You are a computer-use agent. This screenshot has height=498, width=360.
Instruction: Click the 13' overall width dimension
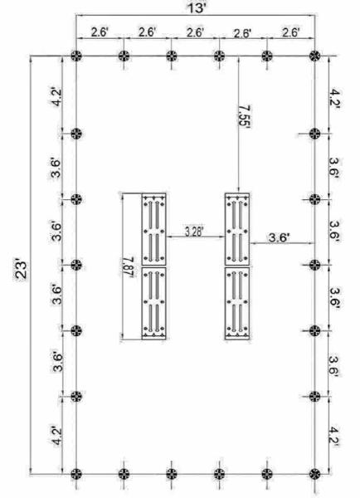(197, 8)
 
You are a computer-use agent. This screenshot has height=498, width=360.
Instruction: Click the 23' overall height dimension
(22, 271)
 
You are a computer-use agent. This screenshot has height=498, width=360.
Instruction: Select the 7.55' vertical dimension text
(245, 117)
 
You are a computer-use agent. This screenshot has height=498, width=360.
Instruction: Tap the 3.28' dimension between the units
(194, 232)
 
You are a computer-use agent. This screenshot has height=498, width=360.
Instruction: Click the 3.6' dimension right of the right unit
(279, 237)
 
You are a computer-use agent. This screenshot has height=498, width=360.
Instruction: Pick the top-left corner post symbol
(75, 56)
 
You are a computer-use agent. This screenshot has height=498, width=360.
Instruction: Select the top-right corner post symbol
(314, 56)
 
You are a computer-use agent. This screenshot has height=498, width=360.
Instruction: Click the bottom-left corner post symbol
(75, 474)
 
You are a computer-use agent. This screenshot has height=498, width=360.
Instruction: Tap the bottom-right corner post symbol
(314, 474)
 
